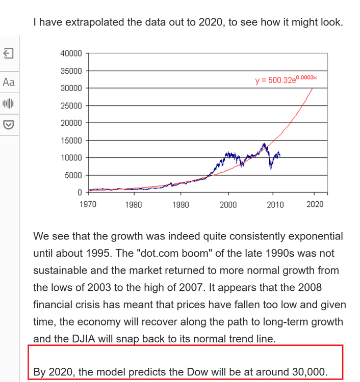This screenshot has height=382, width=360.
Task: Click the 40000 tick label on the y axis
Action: [x=71, y=53]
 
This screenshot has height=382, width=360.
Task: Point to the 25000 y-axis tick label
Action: [x=71, y=105]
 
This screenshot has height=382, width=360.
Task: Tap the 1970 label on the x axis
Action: [x=88, y=204]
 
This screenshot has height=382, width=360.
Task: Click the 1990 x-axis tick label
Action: [x=181, y=204]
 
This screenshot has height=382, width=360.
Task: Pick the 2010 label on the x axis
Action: [x=275, y=204]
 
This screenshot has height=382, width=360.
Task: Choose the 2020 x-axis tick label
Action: [x=315, y=204]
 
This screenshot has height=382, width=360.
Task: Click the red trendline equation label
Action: [x=286, y=80]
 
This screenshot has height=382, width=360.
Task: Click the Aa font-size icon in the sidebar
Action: [x=9, y=82]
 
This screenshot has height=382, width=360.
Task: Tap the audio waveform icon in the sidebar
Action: [x=9, y=103]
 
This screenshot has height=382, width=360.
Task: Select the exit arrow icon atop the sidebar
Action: [x=9, y=53]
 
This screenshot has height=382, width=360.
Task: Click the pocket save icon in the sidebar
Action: [x=9, y=124]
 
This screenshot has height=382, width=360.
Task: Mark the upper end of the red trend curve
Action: [x=312, y=88]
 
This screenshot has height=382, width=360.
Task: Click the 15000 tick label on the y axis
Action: [x=71, y=140]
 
